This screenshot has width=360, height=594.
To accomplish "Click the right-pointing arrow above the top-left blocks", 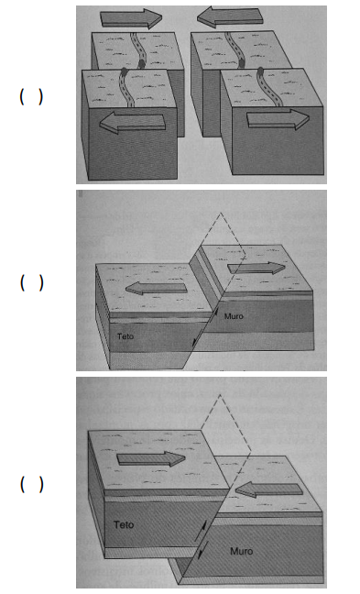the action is point(131,18).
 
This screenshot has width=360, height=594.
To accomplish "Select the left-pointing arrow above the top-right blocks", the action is point(230,17).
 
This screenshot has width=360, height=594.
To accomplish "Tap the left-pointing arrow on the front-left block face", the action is point(133,122).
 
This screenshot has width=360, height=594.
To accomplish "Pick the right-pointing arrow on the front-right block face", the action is point(278,119).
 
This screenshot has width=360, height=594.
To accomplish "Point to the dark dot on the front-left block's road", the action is point(124,71).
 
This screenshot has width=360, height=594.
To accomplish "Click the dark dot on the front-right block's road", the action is point(260,70).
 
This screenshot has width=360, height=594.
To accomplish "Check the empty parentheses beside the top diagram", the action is point(31,97).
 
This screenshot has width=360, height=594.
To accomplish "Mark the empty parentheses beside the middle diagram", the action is point(31,283).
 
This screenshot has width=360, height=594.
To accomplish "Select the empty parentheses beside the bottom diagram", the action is point(31,484).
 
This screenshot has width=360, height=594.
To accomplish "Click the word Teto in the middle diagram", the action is point(125,336).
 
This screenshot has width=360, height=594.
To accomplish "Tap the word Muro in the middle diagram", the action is point(234,316).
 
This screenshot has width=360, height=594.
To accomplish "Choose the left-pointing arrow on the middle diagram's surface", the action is point(157,288).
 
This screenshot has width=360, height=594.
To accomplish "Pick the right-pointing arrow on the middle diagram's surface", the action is point(256,268).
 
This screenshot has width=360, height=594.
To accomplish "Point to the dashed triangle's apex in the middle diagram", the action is point(221,213).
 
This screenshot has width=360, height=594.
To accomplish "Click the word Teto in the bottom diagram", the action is point(124,524).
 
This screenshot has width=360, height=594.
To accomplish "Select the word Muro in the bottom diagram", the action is point(242,551).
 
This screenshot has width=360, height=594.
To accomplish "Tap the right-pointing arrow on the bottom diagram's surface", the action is point(151,459).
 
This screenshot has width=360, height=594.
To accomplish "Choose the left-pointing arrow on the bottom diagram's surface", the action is point(269,489).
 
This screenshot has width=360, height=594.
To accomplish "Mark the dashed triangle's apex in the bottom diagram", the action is point(220,395).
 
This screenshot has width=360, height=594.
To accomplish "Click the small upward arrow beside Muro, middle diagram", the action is point(216,313).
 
